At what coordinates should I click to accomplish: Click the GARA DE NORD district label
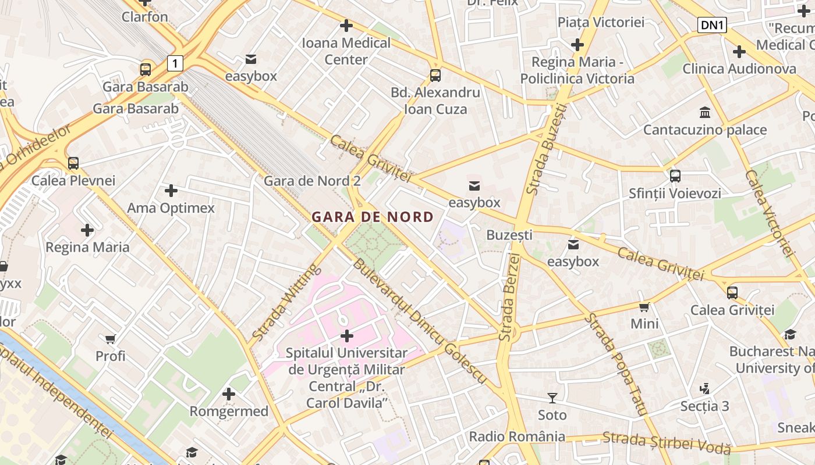pos(373,217)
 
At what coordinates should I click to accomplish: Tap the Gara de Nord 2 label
pos(312,181)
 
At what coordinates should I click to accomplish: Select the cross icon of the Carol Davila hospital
pos(347,336)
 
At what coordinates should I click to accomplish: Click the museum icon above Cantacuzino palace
pos(705,112)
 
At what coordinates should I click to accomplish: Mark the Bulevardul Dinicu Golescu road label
pos(419,321)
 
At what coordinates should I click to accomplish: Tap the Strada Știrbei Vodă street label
pos(667,443)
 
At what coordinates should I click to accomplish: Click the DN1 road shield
pos(712,25)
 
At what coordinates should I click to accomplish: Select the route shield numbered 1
pos(175,63)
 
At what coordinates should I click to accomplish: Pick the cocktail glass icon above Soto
pos(552,398)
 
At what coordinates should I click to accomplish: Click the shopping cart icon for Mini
pos(644,307)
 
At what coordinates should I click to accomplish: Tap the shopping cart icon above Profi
pos(111,339)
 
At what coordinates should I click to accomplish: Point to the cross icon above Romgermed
pos(229,394)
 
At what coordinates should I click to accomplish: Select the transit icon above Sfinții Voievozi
pos(675,176)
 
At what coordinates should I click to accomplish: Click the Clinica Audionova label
pos(739,69)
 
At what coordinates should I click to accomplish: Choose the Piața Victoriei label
pos(601,22)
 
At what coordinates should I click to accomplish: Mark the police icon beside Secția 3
pos(705,388)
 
